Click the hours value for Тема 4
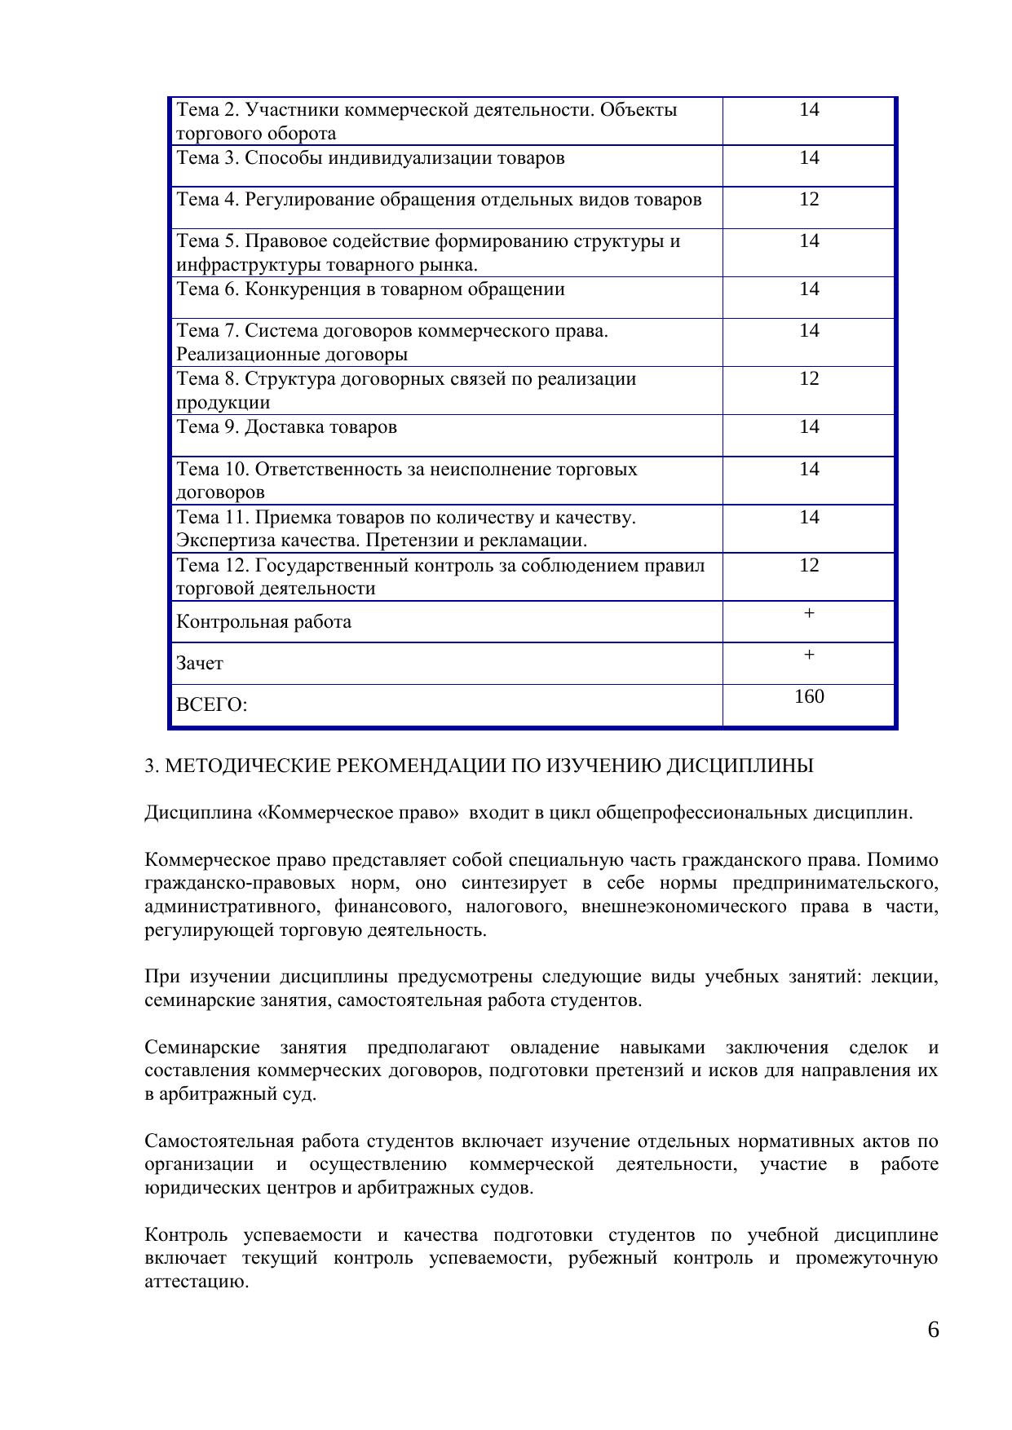click(808, 200)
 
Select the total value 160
click(808, 696)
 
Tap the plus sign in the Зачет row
click(808, 655)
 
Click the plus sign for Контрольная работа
click(808, 613)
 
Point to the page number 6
click(933, 1330)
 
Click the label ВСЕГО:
click(211, 705)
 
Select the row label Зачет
click(200, 664)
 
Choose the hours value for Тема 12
click(808, 566)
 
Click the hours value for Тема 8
click(808, 379)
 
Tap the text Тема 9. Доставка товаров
click(287, 427)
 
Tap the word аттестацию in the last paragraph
click(196, 1282)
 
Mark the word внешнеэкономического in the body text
click(683, 907)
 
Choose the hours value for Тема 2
click(808, 110)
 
